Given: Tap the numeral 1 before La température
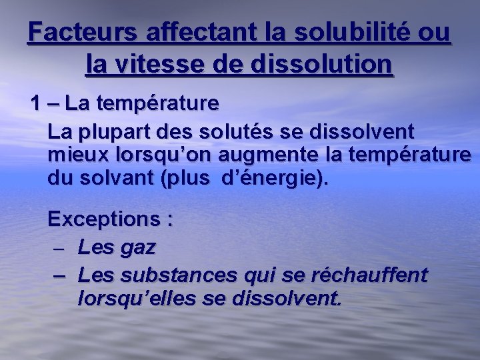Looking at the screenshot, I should click(35, 105).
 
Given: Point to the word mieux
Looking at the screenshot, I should click(77, 155).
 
